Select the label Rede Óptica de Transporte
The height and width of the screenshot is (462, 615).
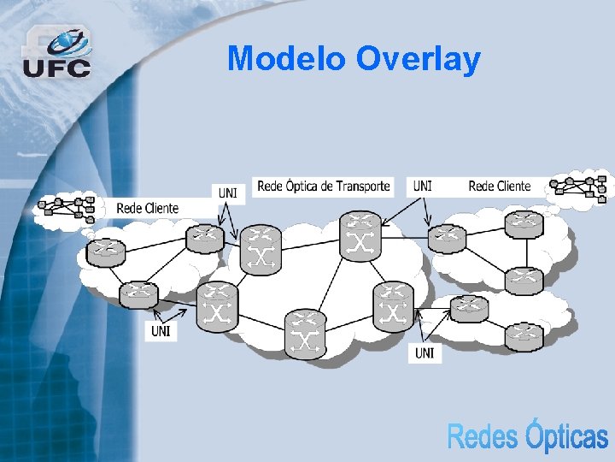coord(324,186)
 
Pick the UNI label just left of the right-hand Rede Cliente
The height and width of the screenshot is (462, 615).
coord(422,186)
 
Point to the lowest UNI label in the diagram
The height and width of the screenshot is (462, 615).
coord(425,352)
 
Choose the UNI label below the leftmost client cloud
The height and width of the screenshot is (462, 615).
coord(161,330)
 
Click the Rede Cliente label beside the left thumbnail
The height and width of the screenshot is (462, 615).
coord(147,207)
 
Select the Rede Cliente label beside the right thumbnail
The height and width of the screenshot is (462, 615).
coord(500,186)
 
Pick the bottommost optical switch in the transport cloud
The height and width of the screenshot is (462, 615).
coord(304,333)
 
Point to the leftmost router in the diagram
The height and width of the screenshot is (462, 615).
coord(106,252)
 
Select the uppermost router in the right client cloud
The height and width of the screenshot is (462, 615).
coord(523,224)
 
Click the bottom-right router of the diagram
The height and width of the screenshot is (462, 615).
coord(523,336)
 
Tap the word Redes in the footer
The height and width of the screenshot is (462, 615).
coord(483,436)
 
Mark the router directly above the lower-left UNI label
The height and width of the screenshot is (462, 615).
coord(138,295)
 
